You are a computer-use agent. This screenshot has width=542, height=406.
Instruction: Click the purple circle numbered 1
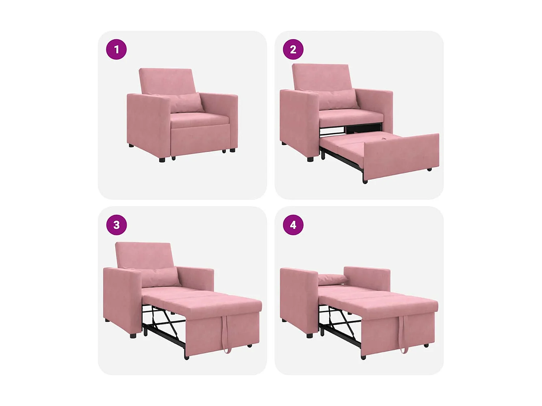pyautogui.click(x=116, y=49)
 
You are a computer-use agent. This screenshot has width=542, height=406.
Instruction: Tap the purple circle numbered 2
pyautogui.click(x=293, y=49)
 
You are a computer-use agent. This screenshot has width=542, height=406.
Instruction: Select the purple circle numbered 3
pyautogui.click(x=116, y=225)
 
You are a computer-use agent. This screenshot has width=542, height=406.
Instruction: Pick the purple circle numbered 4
pyautogui.click(x=293, y=225)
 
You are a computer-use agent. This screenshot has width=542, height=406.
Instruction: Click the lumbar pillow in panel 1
pyautogui.click(x=185, y=102)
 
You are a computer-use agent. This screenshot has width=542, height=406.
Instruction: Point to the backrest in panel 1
pyautogui.click(x=167, y=80)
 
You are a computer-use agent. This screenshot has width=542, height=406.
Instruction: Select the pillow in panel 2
pyautogui.click(x=338, y=99)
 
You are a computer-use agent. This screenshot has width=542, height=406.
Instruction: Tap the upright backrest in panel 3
pyautogui.click(x=144, y=254)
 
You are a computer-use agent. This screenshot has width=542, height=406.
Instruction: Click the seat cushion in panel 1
pyautogui.click(x=199, y=119)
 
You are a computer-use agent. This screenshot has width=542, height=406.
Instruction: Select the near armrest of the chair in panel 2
pyautogui.click(x=299, y=123)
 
